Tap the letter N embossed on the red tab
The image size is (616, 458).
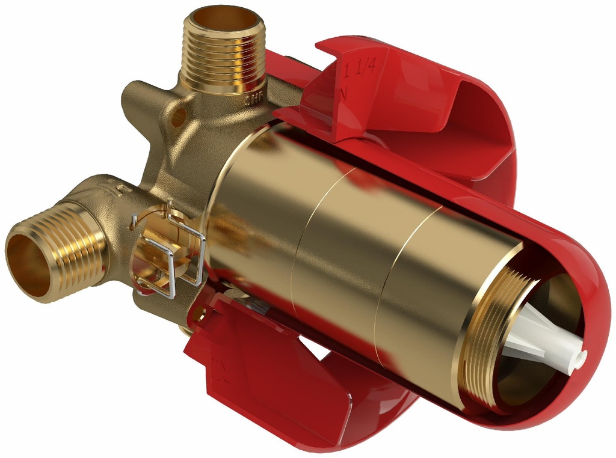click(x=344, y=94)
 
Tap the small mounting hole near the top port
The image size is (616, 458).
click(x=178, y=117)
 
